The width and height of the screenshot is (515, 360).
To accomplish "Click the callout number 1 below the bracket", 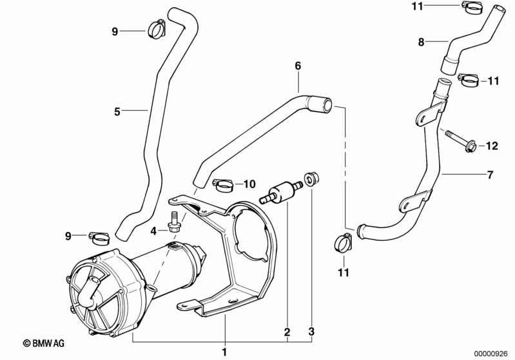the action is click(224, 352).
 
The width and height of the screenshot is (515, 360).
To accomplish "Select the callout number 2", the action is click(287, 332).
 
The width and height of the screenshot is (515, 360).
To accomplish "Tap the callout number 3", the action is click(311, 331).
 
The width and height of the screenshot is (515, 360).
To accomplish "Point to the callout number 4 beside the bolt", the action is click(153, 231).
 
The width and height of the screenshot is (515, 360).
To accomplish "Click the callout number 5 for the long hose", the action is click(117, 111).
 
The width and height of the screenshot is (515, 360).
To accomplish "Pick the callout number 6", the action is click(298, 66).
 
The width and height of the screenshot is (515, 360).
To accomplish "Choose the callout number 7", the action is click(490, 175).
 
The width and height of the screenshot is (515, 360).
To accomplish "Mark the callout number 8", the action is click(421, 43).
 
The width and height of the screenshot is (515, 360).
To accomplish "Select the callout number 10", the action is click(249, 184).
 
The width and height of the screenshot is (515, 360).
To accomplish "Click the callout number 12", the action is click(492, 146).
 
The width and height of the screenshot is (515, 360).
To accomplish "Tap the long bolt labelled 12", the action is click(461, 141).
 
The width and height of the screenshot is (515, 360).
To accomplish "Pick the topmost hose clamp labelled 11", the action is click(472, 7).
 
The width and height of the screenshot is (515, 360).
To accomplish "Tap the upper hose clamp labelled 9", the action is click(157, 29).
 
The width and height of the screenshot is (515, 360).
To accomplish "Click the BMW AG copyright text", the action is click(44, 343).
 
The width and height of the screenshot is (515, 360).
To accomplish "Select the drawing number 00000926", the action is click(491, 354).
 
